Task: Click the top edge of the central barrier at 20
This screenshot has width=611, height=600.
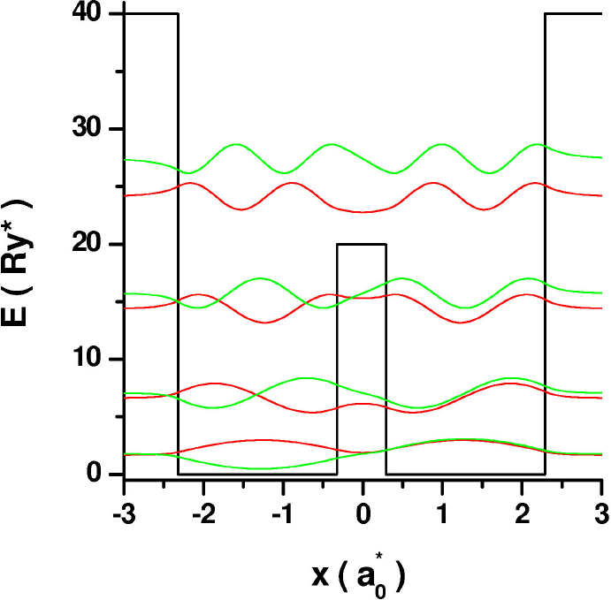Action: [x=362, y=244]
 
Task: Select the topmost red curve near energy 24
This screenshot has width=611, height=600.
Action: [x=363, y=212]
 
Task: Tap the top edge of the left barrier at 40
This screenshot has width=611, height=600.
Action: [x=151, y=14]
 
